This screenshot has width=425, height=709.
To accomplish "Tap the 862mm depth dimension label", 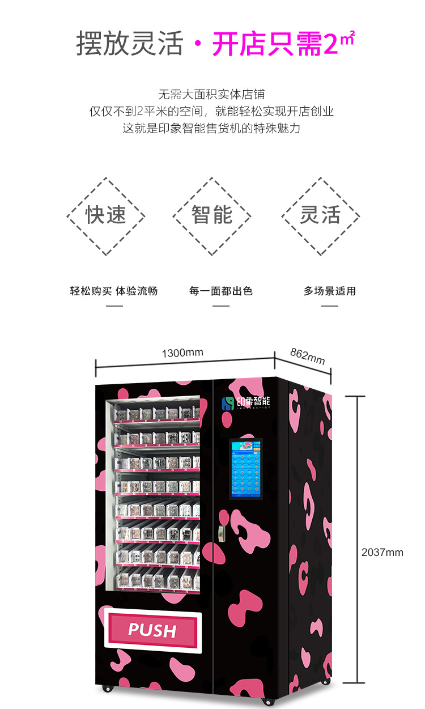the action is [x=308, y=356].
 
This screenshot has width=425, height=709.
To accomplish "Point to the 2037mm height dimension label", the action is [x=382, y=552].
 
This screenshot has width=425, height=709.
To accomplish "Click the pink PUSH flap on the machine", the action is [x=152, y=630].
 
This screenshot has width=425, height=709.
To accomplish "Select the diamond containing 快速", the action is [x=106, y=216].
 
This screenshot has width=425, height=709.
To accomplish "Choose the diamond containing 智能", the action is [x=212, y=216].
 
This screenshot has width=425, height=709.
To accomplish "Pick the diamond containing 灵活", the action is [x=320, y=216].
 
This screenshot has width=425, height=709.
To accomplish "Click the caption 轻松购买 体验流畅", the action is [x=114, y=291].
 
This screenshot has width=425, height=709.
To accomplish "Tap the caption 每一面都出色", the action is [x=220, y=291].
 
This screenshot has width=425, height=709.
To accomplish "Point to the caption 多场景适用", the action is [x=329, y=291].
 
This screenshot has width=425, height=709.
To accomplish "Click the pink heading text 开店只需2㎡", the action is [x=282, y=44].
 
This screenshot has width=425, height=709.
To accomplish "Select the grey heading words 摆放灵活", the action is [x=130, y=44].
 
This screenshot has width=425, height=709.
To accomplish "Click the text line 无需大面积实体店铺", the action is [x=212, y=94].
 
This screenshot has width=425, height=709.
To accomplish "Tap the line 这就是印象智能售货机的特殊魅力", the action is [x=212, y=128].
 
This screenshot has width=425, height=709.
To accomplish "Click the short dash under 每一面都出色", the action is [x=220, y=306].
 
